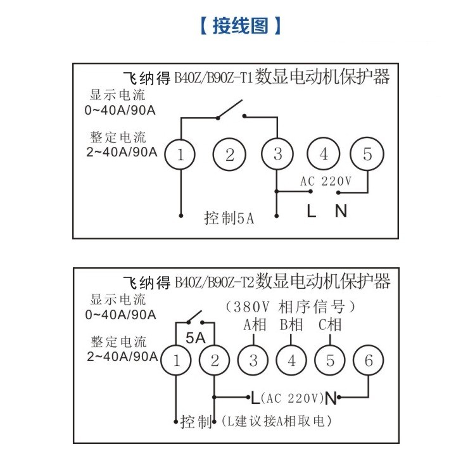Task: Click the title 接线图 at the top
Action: [241, 26]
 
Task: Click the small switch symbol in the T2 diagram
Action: [195, 317]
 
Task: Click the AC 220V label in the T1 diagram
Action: [326, 181]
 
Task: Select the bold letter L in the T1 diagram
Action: [311, 210]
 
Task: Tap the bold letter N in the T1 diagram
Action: [341, 210]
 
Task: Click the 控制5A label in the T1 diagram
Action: [229, 218]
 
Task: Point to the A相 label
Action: [255, 325]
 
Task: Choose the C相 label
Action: [330, 325]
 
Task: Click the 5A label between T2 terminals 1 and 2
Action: [196, 338]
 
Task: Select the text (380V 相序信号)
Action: [290, 307]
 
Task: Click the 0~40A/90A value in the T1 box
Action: [120, 110]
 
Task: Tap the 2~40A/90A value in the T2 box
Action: [122, 357]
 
